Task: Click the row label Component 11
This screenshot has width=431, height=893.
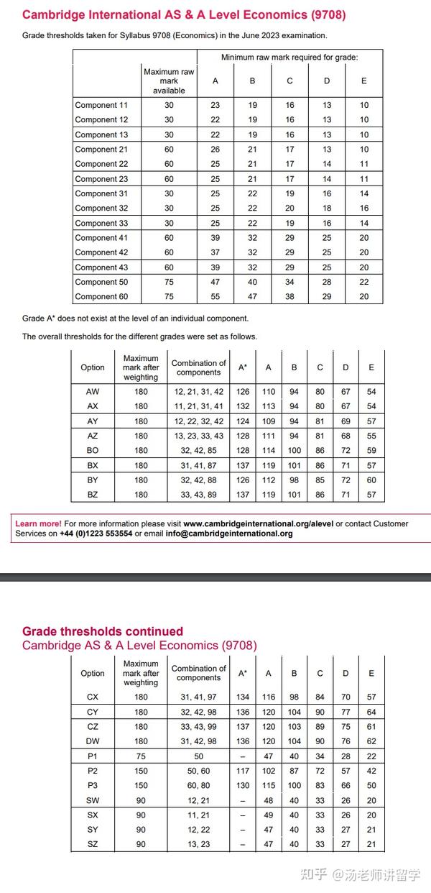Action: pos(101,105)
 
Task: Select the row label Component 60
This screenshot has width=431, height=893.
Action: pos(101,296)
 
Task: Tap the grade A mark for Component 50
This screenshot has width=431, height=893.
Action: pos(215,282)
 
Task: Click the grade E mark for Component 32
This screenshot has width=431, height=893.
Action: pos(364,208)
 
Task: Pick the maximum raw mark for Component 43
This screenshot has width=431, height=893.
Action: pos(169,267)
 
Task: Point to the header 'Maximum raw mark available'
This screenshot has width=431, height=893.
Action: pos(169,81)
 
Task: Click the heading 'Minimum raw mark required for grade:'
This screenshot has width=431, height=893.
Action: pos(289,58)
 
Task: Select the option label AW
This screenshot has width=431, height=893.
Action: pos(93,392)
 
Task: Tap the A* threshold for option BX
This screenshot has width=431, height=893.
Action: pos(243,465)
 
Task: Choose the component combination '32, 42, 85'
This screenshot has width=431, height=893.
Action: pos(198,450)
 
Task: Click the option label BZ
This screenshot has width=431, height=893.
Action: pos(93,495)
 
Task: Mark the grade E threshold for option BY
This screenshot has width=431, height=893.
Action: pos(371,480)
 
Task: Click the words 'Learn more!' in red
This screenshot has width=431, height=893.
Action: pos(38,524)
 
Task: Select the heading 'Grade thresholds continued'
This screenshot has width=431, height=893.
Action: pos(103,631)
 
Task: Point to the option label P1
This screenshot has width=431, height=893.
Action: pos(93,756)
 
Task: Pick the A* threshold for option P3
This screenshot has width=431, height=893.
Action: pos(243,785)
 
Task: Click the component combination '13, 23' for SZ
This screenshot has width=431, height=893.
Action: pos(199,844)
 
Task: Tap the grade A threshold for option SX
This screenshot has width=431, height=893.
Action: pos(269,815)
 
